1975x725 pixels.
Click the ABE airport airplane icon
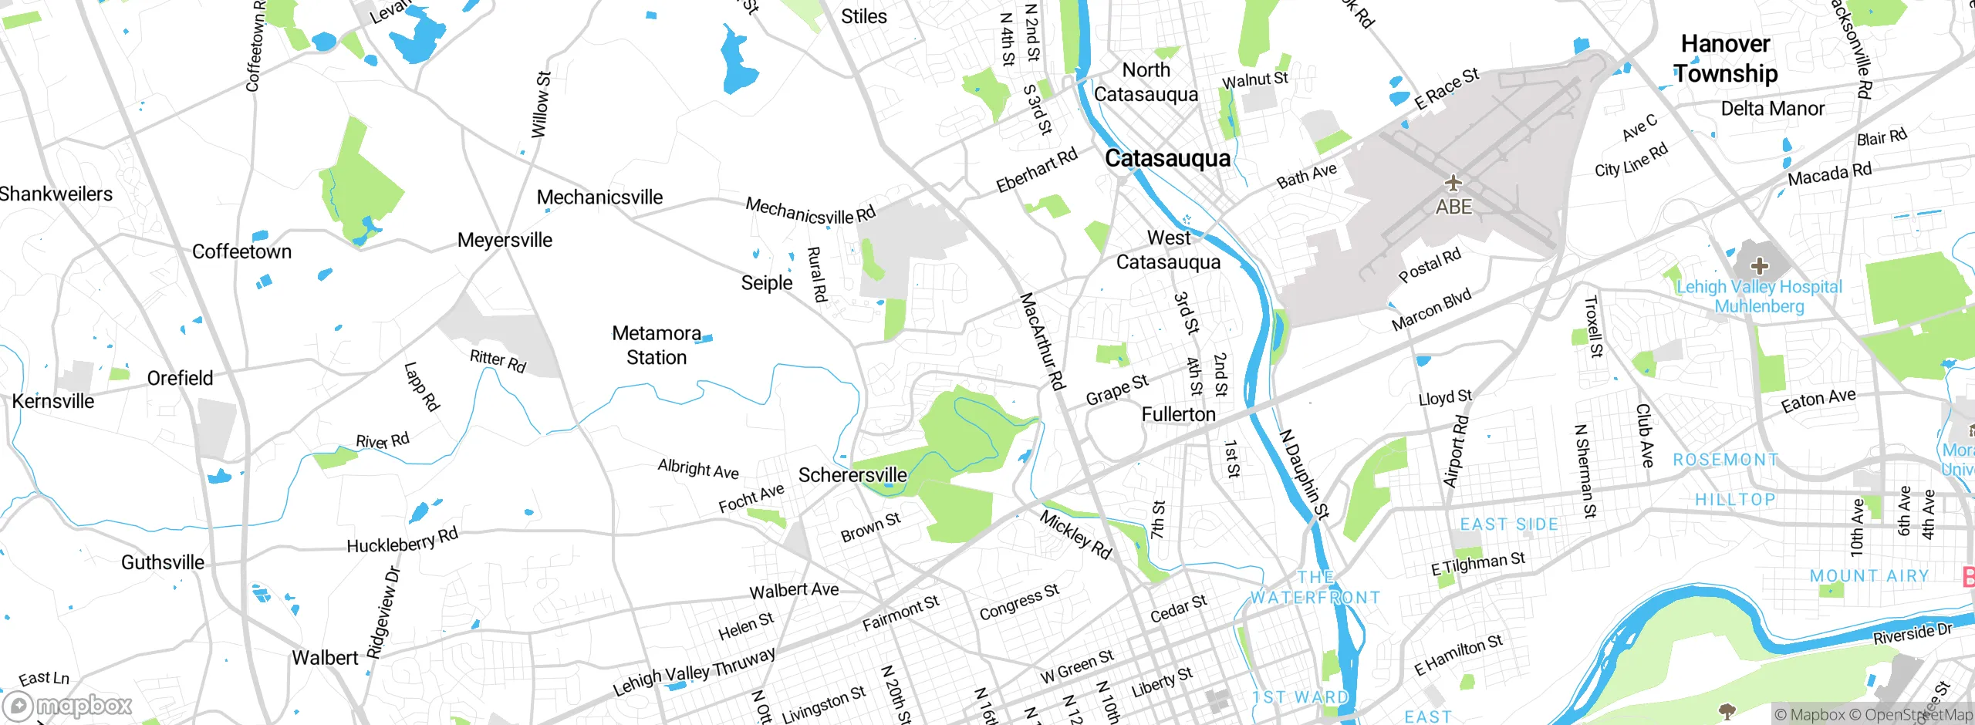pyautogui.click(x=1453, y=183)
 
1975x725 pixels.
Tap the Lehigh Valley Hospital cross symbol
pyautogui.click(x=1759, y=266)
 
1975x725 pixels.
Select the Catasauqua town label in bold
pyautogui.click(x=1167, y=158)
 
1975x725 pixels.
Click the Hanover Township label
pyautogui.click(x=1726, y=59)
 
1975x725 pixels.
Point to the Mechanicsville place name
pyautogui.click(x=599, y=197)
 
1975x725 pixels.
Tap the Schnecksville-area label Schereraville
pyautogui.click(x=852, y=475)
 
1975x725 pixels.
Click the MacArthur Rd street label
pyautogui.click(x=1042, y=340)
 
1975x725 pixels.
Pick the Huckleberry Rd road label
pyautogui.click(x=402, y=541)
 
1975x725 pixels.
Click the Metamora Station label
pyautogui.click(x=657, y=345)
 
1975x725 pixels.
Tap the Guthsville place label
pyautogui.click(x=163, y=562)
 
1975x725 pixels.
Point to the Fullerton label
pyautogui.click(x=1178, y=414)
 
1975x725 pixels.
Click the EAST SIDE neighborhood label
pyautogui.click(x=1509, y=524)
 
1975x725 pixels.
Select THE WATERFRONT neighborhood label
pyautogui.click(x=1315, y=588)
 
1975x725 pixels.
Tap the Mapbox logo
pyautogui.click(x=68, y=706)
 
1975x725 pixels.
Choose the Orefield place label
pyautogui.click(x=180, y=378)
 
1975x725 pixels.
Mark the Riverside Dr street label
pyautogui.click(x=1912, y=633)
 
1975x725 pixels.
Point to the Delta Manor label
pyautogui.click(x=1772, y=109)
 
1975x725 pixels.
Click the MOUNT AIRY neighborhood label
pyautogui.click(x=1869, y=576)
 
